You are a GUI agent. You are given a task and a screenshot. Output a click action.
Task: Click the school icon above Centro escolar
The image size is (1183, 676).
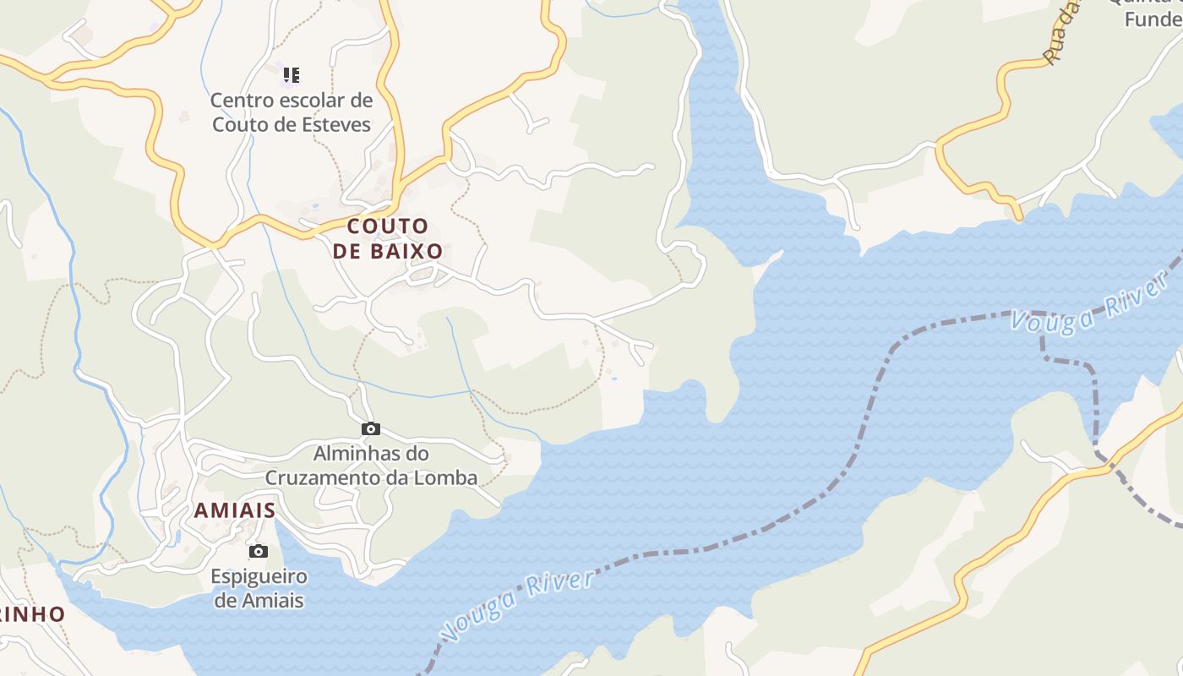pos(292,75)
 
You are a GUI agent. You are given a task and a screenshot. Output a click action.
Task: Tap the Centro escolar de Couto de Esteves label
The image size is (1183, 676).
pos(292,112)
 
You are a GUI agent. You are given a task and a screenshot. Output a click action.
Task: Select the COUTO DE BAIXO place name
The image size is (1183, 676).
pos(388,238)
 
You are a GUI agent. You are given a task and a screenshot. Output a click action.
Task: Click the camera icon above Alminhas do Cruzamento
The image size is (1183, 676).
pos(371,429)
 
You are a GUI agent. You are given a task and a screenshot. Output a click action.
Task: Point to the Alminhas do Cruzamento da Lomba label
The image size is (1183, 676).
pos(371,466)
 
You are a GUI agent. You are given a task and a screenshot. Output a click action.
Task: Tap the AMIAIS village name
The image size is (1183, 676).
pos(235,510)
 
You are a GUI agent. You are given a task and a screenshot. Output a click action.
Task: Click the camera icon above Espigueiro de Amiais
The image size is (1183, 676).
pos(259,552)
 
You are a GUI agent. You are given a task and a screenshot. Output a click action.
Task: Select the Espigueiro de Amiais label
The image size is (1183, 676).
pos(259,589)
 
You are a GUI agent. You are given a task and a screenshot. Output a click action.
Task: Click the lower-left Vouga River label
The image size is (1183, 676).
pos(517,607)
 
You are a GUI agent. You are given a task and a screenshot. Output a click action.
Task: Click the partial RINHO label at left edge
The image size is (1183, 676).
pos(32,614)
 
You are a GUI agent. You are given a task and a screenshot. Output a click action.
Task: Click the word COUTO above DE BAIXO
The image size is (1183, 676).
pos(388,226)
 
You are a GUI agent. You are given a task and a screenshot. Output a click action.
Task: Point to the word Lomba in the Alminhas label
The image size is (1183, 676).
pos(446,477)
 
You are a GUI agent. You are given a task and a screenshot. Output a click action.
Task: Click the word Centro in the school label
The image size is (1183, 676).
pos(239,101)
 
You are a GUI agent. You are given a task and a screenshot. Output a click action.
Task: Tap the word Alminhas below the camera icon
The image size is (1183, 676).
pos(351,454)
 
